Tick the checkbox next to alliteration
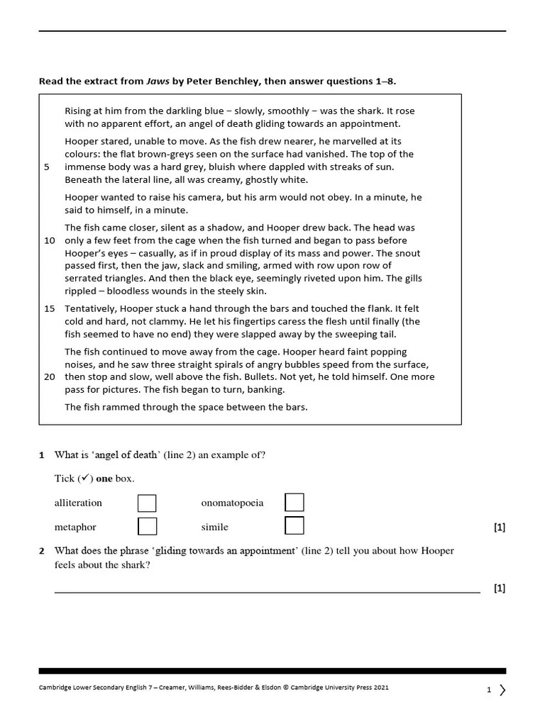tap(147, 503)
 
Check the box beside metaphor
tap(147, 526)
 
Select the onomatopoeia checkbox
tap(294, 503)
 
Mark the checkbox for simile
tap(294, 526)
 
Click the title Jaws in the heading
tap(158, 82)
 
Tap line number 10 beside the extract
tap(50, 240)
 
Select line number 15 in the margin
tap(50, 308)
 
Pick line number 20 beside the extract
tap(50, 376)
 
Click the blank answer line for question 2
tap(267, 591)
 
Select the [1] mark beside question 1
tap(499, 527)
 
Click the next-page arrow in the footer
tap(502, 690)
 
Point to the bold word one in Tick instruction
tap(104, 479)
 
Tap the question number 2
tap(42, 551)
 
